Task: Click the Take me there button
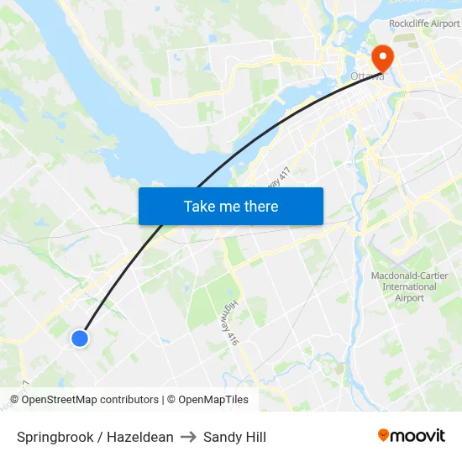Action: [231, 206]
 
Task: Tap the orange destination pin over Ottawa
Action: [382, 57]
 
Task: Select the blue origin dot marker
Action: [80, 338]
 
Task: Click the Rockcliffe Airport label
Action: [424, 24]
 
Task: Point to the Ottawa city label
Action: [366, 76]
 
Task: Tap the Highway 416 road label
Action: [233, 322]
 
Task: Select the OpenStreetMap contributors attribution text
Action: [84, 400]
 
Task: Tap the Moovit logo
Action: [412, 436]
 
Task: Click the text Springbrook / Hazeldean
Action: [95, 437]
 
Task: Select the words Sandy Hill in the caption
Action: [234, 437]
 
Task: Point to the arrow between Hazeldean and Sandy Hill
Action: [188, 437]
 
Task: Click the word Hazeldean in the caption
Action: [140, 437]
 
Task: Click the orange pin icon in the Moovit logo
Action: [384, 435]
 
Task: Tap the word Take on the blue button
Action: [199, 206]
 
